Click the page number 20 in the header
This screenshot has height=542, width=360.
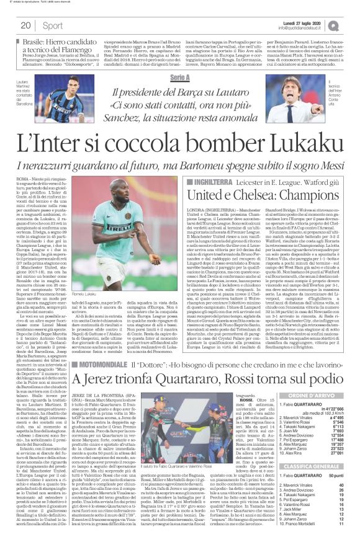coord(25,25)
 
